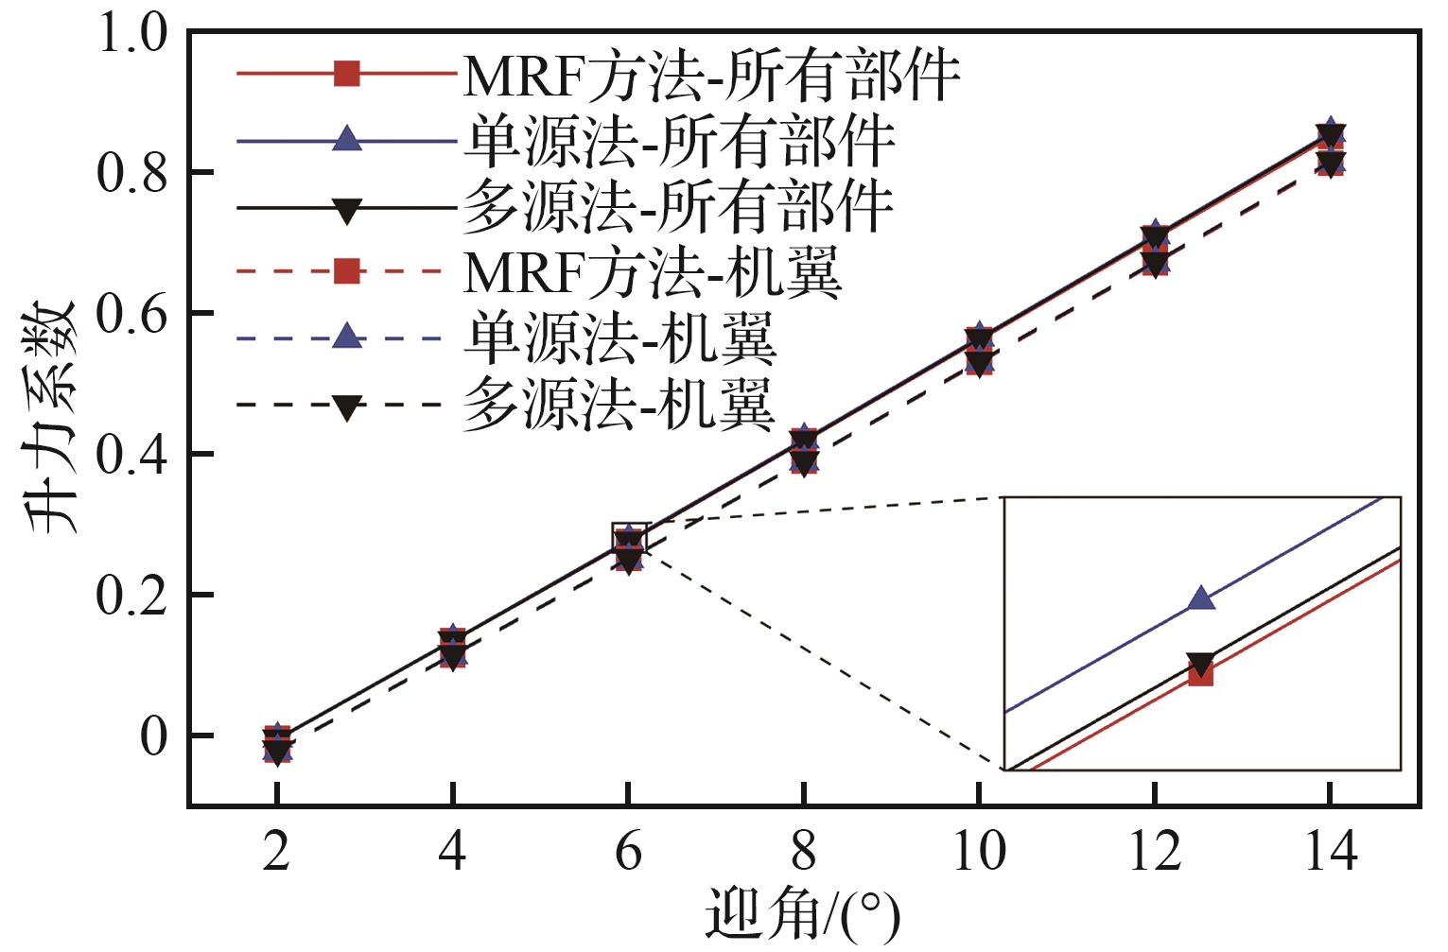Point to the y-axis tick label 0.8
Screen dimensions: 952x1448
click(131, 174)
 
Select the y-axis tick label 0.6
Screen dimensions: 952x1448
click(131, 314)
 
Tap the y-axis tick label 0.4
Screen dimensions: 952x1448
click(131, 455)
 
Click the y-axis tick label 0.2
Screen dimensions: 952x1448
click(131, 596)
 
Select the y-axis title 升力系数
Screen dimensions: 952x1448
click(52, 416)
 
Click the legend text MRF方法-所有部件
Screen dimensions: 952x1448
click(711, 75)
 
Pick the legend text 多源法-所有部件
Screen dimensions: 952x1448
click(678, 208)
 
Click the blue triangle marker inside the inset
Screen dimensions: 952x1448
click(1201, 597)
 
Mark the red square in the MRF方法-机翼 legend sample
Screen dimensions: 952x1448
click(347, 271)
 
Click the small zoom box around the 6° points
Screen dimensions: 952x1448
click(630, 540)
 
